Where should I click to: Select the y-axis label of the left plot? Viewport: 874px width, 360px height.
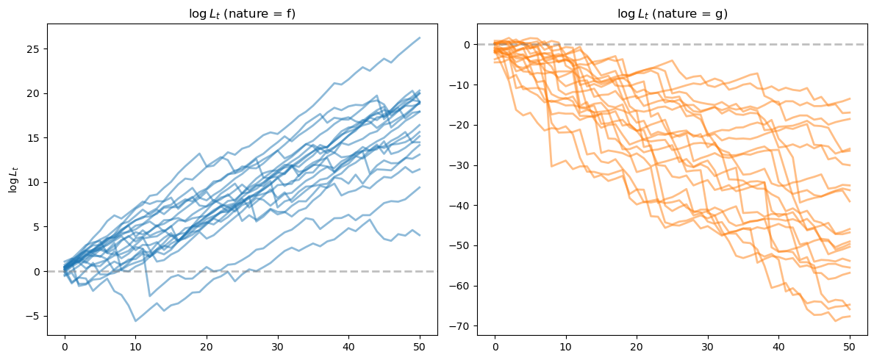click(12, 180)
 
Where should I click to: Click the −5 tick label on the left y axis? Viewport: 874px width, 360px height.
click(35, 316)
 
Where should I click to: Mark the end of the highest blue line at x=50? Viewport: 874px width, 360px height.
click(419, 38)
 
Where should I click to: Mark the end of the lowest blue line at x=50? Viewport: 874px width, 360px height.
click(419, 235)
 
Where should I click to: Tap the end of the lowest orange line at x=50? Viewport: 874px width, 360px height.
click(849, 316)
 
